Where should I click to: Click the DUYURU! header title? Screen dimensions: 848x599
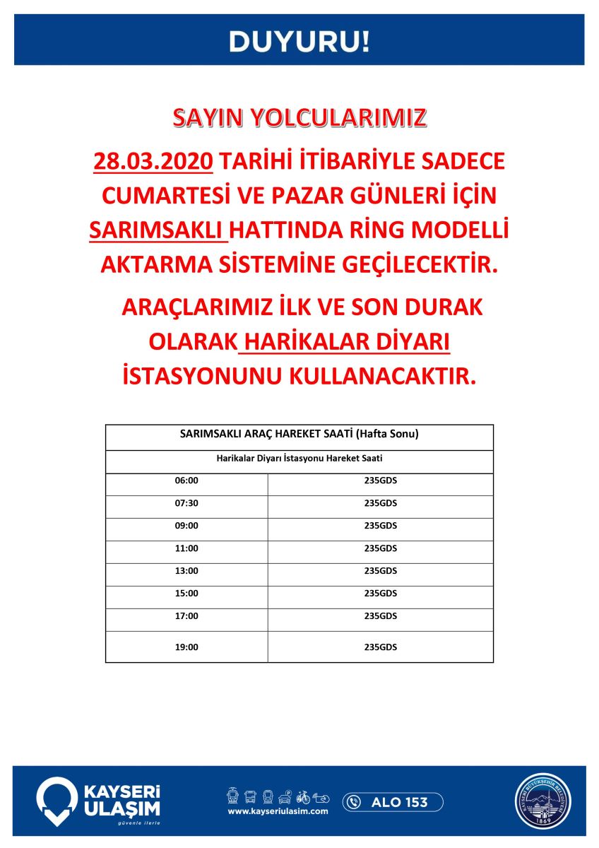pyautogui.click(x=299, y=41)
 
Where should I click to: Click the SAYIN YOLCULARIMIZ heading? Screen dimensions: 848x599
pyautogui.click(x=299, y=117)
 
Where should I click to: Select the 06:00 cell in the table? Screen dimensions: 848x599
pyautogui.click(x=186, y=481)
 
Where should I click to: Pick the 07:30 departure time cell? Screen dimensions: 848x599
pyautogui.click(x=186, y=503)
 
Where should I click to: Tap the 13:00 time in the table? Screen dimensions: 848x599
pyautogui.click(x=186, y=571)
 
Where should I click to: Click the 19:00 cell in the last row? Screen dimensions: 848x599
pyautogui.click(x=186, y=647)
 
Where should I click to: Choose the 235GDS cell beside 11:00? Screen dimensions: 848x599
pyautogui.click(x=381, y=548)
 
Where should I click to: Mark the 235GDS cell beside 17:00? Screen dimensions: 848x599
pyautogui.click(x=381, y=616)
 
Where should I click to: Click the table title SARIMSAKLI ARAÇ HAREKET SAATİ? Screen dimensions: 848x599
pyautogui.click(x=299, y=434)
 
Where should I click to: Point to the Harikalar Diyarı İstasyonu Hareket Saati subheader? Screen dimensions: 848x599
pyautogui.click(x=299, y=458)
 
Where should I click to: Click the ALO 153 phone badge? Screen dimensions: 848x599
pyautogui.click(x=393, y=802)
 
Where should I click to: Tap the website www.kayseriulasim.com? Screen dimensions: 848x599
pyautogui.click(x=278, y=812)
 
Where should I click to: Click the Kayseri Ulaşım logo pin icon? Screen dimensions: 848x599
pyautogui.click(x=57, y=801)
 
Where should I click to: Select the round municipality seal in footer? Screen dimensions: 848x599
pyautogui.click(x=543, y=801)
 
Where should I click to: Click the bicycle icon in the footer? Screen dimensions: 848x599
pyautogui.click(x=302, y=797)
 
